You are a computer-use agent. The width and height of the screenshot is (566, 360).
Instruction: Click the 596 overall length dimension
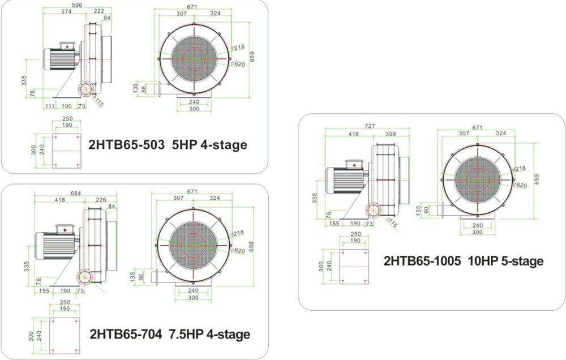pyautogui.click(x=77, y=5)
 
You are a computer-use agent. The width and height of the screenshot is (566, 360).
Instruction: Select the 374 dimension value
pyautogui.click(x=66, y=11)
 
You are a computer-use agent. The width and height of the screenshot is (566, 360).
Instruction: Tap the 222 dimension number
pyautogui.click(x=99, y=11)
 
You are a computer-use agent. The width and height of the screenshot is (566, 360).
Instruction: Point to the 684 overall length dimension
pyautogui.click(x=76, y=194)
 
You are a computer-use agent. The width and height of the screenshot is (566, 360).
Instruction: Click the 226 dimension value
pyautogui.click(x=101, y=200)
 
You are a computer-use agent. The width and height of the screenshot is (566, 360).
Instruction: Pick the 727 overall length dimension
pyautogui.click(x=370, y=126)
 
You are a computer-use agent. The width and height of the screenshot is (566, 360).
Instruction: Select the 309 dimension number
pyautogui.click(x=390, y=134)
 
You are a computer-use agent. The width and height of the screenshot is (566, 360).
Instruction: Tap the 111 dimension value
pyautogui.click(x=50, y=106)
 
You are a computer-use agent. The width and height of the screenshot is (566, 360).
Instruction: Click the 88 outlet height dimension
pyautogui.click(x=144, y=89)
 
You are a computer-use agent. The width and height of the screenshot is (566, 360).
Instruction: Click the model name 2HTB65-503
pyautogui.click(x=127, y=145)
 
